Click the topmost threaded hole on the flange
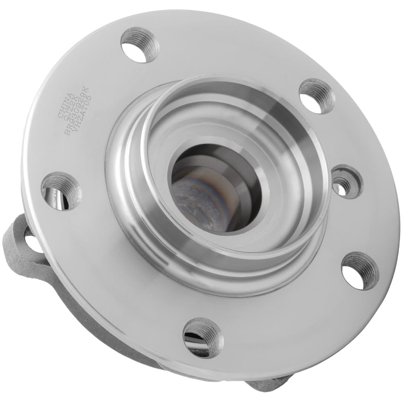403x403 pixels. click(x=139, y=44)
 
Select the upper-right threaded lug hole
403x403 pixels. click(x=317, y=96)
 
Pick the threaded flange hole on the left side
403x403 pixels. click(x=60, y=191)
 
